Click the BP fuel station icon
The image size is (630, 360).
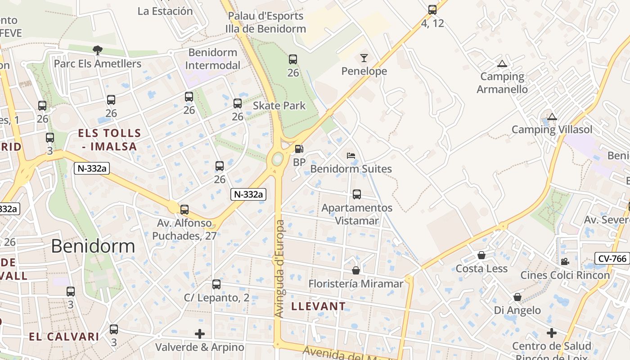tap(299, 149)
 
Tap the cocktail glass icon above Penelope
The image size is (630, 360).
tap(364, 58)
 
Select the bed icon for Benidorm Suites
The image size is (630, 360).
tap(351, 156)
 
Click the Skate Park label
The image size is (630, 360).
tap(279, 106)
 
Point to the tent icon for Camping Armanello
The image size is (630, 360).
tap(502, 64)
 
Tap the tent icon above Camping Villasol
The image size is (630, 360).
tap(552, 117)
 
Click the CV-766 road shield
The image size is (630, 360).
tap(612, 258)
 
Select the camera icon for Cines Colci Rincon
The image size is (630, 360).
tap(565, 262)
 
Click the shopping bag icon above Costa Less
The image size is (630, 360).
tap(481, 256)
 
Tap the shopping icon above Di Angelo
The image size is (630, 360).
tap(517, 297)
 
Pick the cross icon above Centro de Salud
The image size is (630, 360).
tap(552, 333)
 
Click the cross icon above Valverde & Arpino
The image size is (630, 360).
tap(200, 334)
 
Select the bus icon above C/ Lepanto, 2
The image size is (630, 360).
tap(216, 284)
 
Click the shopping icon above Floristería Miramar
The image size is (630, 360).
tap(356, 270)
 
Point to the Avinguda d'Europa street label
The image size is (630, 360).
tap(280, 269)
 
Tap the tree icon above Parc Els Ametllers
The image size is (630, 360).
tap(97, 50)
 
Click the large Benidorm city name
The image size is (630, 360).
tap(93, 246)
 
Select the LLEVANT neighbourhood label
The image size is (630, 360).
tap(319, 306)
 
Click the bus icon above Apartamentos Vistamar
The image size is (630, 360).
tap(357, 194)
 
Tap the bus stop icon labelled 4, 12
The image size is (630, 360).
tap(432, 10)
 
